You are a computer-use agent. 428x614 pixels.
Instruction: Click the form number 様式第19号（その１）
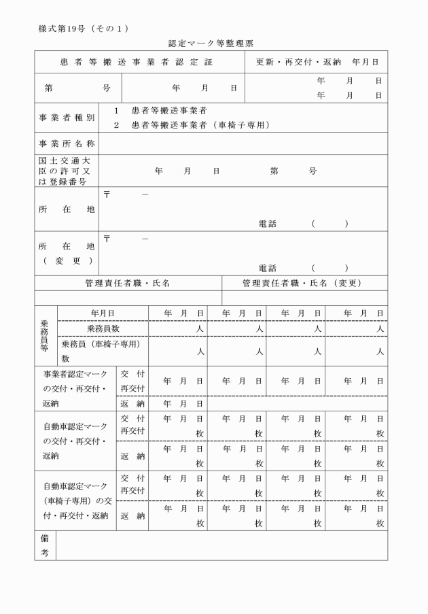pos(79,28)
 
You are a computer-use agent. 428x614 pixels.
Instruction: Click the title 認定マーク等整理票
pos(211,44)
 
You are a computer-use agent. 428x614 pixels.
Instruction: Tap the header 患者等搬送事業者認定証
pos(139,62)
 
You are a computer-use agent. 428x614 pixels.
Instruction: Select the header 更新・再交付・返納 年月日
pos(317,62)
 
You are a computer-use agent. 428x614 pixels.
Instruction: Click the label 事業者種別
pos(67,118)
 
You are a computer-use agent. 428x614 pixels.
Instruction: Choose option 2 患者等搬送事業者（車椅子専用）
pos(192,125)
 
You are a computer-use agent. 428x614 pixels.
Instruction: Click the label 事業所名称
pos(67,143)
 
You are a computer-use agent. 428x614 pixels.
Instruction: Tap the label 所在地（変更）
pos(67,253)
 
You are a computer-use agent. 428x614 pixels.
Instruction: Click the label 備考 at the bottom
pos(45,545)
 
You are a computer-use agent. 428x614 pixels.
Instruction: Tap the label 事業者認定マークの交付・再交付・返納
pos(75,388)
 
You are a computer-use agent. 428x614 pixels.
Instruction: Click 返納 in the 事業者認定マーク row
pos(132,403)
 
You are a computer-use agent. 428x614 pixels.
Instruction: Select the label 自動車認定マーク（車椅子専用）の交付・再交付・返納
pos(75,500)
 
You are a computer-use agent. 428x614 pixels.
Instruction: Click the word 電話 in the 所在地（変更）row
pos(267,268)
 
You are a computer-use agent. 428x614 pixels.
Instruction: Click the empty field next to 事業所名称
pos(243,143)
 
